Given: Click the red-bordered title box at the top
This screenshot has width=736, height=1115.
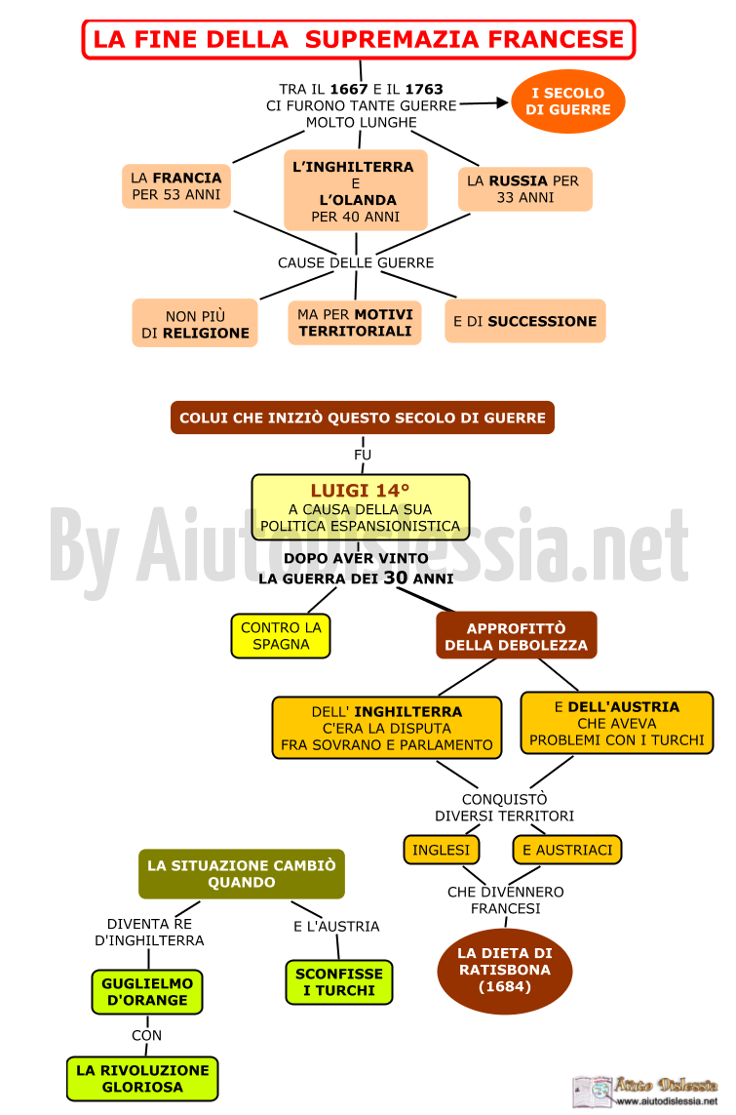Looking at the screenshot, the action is coord(359,39).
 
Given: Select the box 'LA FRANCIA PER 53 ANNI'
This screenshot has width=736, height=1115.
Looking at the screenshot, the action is coord(176,186).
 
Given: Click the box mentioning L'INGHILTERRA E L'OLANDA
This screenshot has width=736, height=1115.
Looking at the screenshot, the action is coord(356,190).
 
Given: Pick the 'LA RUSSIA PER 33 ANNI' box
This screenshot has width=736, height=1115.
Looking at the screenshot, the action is coord(525,189).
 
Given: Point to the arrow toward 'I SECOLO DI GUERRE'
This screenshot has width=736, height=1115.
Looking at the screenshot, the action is coord(484,103).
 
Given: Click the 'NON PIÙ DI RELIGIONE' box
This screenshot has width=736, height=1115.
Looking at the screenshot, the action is coord(195,324).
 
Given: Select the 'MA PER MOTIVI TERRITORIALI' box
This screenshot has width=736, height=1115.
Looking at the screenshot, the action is coord(355,323).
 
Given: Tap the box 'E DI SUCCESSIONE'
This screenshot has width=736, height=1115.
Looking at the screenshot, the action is coord(525,321).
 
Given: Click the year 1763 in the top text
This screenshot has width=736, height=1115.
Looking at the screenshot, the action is coord(424,89).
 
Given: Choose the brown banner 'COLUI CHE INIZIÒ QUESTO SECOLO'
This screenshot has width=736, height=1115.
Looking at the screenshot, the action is coord(363,418).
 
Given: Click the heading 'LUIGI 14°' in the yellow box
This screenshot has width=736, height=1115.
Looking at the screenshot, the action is coord(360,490).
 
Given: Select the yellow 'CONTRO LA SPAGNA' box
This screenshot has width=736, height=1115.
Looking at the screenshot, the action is coord(281,636).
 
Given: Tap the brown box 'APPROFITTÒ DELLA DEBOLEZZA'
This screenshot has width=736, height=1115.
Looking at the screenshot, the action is coord(517,636).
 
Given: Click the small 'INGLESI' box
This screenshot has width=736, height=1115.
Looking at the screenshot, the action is coord(442,850).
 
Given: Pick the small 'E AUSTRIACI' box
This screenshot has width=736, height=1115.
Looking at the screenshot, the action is coord(567,850).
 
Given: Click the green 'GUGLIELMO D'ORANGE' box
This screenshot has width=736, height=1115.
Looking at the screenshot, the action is coord(147,992).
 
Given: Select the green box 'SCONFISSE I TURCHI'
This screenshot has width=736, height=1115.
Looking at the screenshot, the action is coord(339,982).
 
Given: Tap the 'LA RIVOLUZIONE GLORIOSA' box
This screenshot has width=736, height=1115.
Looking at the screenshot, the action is coord(142,1079).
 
